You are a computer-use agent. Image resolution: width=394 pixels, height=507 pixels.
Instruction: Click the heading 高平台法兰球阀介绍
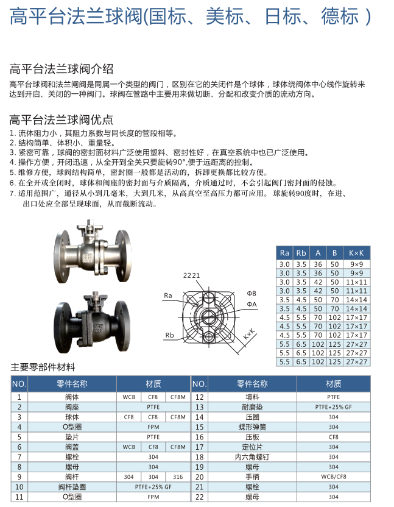click(61, 68)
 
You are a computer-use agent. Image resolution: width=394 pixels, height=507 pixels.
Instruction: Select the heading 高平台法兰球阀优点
click(61, 119)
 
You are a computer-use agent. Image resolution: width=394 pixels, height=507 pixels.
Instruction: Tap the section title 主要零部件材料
click(43, 367)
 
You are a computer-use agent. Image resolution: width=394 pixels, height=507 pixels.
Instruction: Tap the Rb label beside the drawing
click(170, 335)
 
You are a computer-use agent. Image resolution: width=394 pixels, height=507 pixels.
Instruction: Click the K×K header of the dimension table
click(356, 252)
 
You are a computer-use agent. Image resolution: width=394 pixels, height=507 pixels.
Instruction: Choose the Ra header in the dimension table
click(284, 252)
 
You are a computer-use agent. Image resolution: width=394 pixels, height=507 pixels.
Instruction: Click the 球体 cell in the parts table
click(72, 417)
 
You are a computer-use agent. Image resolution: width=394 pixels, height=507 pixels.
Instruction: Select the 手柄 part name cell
click(252, 477)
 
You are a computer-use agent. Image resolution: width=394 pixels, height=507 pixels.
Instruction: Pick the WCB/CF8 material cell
click(333, 477)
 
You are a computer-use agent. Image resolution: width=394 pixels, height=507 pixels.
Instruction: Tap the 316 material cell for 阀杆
click(177, 477)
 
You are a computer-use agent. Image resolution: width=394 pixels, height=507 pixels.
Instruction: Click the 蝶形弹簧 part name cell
click(252, 427)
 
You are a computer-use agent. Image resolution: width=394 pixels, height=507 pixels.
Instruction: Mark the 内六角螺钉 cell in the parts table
click(252, 456)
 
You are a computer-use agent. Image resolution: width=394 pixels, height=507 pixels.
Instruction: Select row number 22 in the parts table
click(199, 497)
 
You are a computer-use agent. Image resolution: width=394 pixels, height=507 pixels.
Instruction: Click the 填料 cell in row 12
click(252, 397)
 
